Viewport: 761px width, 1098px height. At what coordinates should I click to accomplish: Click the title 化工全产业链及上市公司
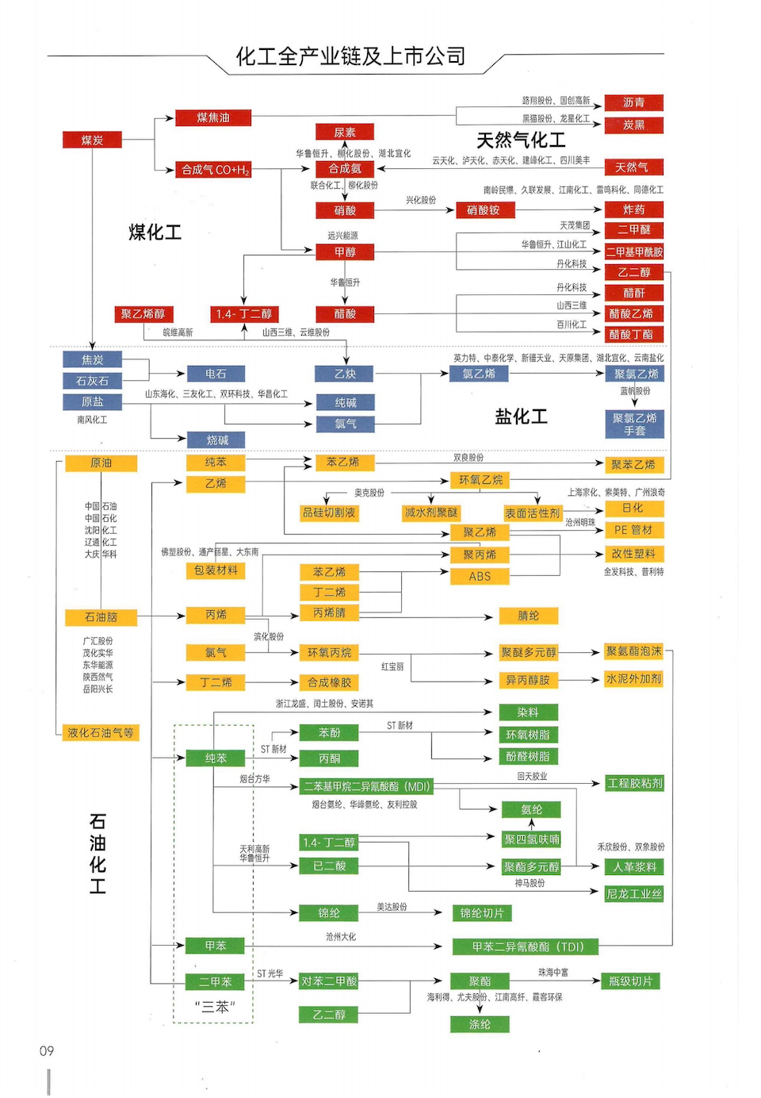[x=350, y=56]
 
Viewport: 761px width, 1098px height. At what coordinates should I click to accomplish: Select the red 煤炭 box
[x=92, y=140]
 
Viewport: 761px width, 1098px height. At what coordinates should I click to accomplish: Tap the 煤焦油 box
[x=212, y=118]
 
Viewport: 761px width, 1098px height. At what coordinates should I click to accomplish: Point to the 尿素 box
[x=344, y=132]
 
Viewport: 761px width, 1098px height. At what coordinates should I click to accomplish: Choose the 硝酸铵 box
[x=484, y=210]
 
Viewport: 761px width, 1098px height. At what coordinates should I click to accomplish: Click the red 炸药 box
[x=633, y=210]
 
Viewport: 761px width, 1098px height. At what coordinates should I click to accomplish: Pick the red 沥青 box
[x=633, y=102]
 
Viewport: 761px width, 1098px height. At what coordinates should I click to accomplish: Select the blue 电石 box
[x=216, y=374]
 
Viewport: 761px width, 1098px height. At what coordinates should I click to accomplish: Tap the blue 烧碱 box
[x=216, y=440]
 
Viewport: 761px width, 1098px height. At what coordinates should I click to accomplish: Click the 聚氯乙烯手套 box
[x=634, y=424]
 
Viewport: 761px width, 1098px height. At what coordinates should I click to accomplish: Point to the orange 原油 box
[x=101, y=463]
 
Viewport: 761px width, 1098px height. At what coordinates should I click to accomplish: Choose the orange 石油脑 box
[x=101, y=616]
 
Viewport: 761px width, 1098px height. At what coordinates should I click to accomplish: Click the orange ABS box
[x=480, y=577]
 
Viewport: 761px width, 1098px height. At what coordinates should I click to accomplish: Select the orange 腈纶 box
[x=528, y=616]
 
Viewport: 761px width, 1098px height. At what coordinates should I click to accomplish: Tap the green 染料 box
[x=528, y=712]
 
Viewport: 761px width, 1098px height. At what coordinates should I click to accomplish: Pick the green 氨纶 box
[x=531, y=810]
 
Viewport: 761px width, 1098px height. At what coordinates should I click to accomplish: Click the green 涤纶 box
[x=480, y=1024]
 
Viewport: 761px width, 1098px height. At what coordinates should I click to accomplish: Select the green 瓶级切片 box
[x=630, y=981]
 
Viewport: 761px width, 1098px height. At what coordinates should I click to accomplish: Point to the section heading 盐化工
[x=521, y=417]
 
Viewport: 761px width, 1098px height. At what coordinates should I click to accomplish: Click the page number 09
[x=47, y=1051]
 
